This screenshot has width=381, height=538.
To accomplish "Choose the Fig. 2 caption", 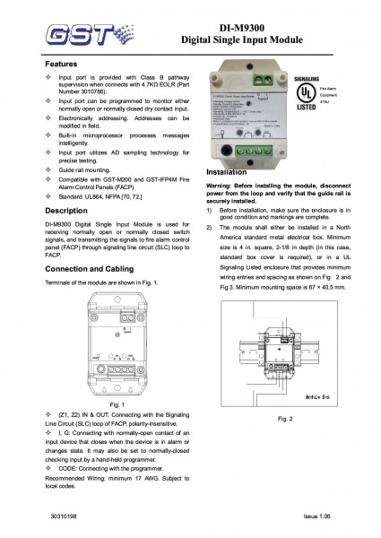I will pos(284,419).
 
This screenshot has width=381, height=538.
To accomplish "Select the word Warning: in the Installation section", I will pos(222,186).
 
